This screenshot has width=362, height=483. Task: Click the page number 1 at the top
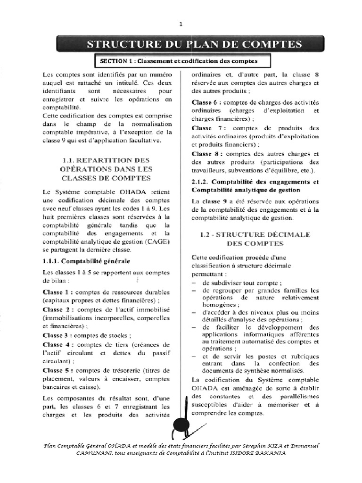tap(181, 24)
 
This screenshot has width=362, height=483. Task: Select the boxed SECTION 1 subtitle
tap(176, 61)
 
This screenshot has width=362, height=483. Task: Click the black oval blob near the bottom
tap(180, 427)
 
